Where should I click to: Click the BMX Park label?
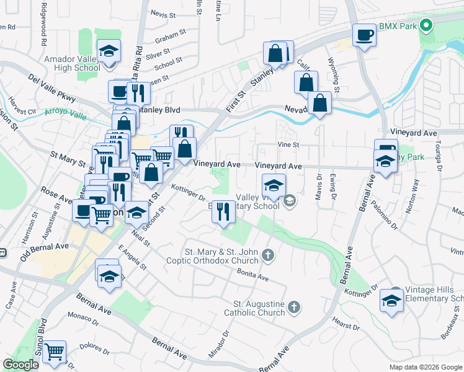tap(398, 26)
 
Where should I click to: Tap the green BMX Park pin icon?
tap(426, 26)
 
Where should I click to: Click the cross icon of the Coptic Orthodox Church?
tap(267, 254)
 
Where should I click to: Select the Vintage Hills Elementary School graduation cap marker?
tap(391, 301)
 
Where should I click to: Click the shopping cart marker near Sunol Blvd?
tap(55, 352)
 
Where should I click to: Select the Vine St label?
tap(288, 144)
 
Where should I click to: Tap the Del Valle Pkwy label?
tap(52, 89)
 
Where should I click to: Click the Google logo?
tap(21, 365)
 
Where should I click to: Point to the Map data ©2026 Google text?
tap(426, 367)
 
